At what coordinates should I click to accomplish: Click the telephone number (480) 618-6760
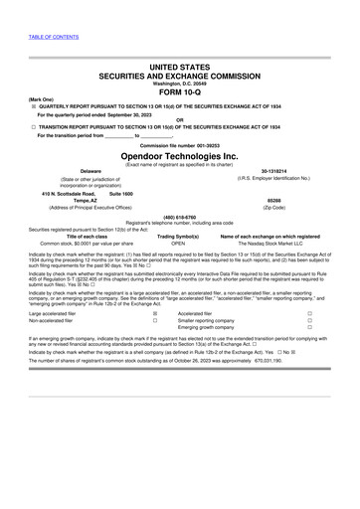[179, 217]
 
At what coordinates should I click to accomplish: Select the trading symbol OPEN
[178, 242]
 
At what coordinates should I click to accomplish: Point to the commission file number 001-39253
[200, 145]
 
